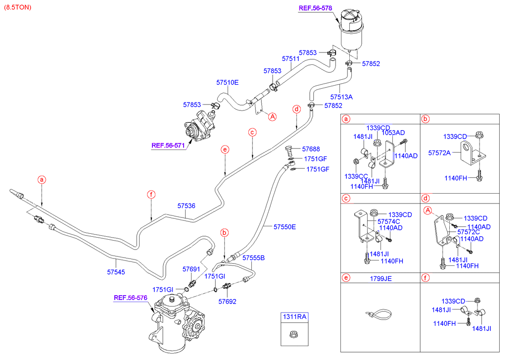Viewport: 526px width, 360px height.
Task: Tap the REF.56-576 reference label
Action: (131, 298)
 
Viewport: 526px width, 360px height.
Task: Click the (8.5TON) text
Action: (17, 7)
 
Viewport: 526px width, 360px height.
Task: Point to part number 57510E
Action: (227, 83)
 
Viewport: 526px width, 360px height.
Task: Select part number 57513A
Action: (341, 97)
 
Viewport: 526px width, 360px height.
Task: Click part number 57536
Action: (186, 205)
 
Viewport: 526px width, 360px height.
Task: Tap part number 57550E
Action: (285, 227)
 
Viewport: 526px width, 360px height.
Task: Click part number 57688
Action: (311, 149)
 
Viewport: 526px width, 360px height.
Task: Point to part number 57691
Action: (191, 269)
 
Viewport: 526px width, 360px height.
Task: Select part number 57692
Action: (227, 301)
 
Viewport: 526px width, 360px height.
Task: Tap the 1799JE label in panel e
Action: (381, 279)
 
